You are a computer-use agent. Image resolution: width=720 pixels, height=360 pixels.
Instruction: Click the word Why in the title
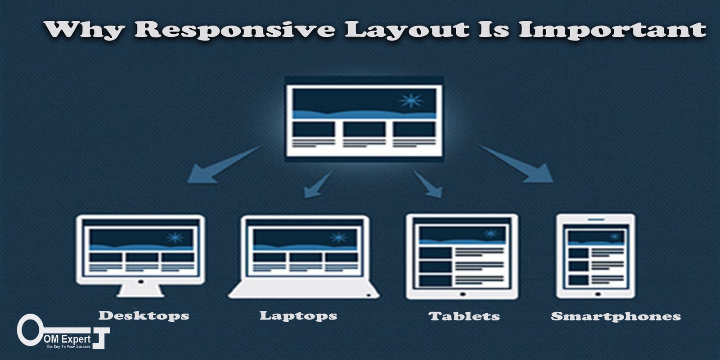click(x=84, y=30)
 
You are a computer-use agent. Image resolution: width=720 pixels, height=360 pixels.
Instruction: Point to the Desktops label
click(x=144, y=315)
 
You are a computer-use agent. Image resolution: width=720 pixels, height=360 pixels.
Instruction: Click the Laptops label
click(x=298, y=315)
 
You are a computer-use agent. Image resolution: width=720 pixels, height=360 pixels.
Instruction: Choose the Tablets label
click(x=464, y=316)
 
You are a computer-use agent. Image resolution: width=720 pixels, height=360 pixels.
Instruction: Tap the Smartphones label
click(x=616, y=316)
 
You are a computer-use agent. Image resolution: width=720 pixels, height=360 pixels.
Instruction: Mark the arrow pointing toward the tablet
click(x=427, y=184)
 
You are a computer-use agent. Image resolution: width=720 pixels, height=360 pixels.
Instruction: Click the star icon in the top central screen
click(x=411, y=101)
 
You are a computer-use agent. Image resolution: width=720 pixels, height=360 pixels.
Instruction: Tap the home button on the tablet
click(x=463, y=294)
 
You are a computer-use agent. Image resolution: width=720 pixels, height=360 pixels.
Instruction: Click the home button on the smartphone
click(x=598, y=294)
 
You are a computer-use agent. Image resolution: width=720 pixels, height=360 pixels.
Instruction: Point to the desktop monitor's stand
click(x=140, y=291)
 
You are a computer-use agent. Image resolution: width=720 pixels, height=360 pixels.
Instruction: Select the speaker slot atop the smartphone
click(x=596, y=220)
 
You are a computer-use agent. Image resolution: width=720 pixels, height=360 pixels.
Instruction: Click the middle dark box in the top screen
click(x=364, y=129)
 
